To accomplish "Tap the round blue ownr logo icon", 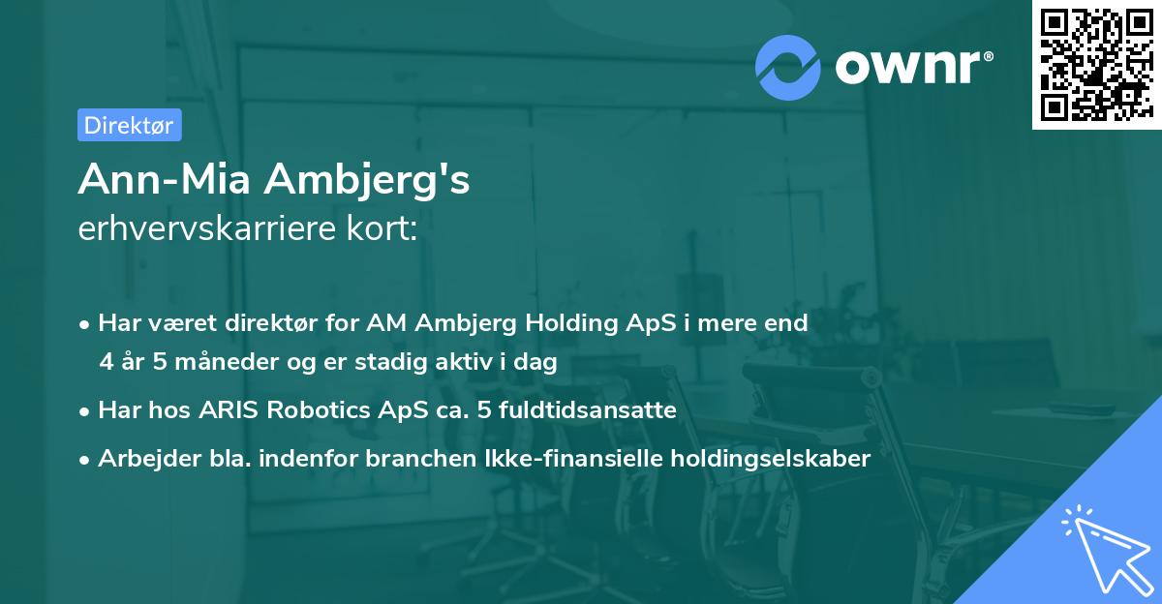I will (x=789, y=66).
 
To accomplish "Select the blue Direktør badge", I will (x=129, y=124).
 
